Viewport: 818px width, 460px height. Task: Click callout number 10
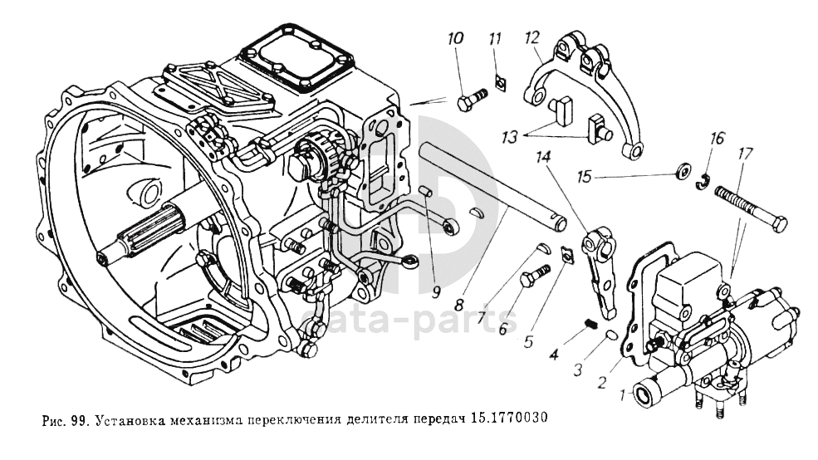(455, 40)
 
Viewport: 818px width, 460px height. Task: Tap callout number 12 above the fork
(532, 38)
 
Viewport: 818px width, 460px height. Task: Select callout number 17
(744, 153)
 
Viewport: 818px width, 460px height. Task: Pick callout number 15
(585, 177)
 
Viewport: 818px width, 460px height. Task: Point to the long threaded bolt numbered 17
(747, 212)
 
